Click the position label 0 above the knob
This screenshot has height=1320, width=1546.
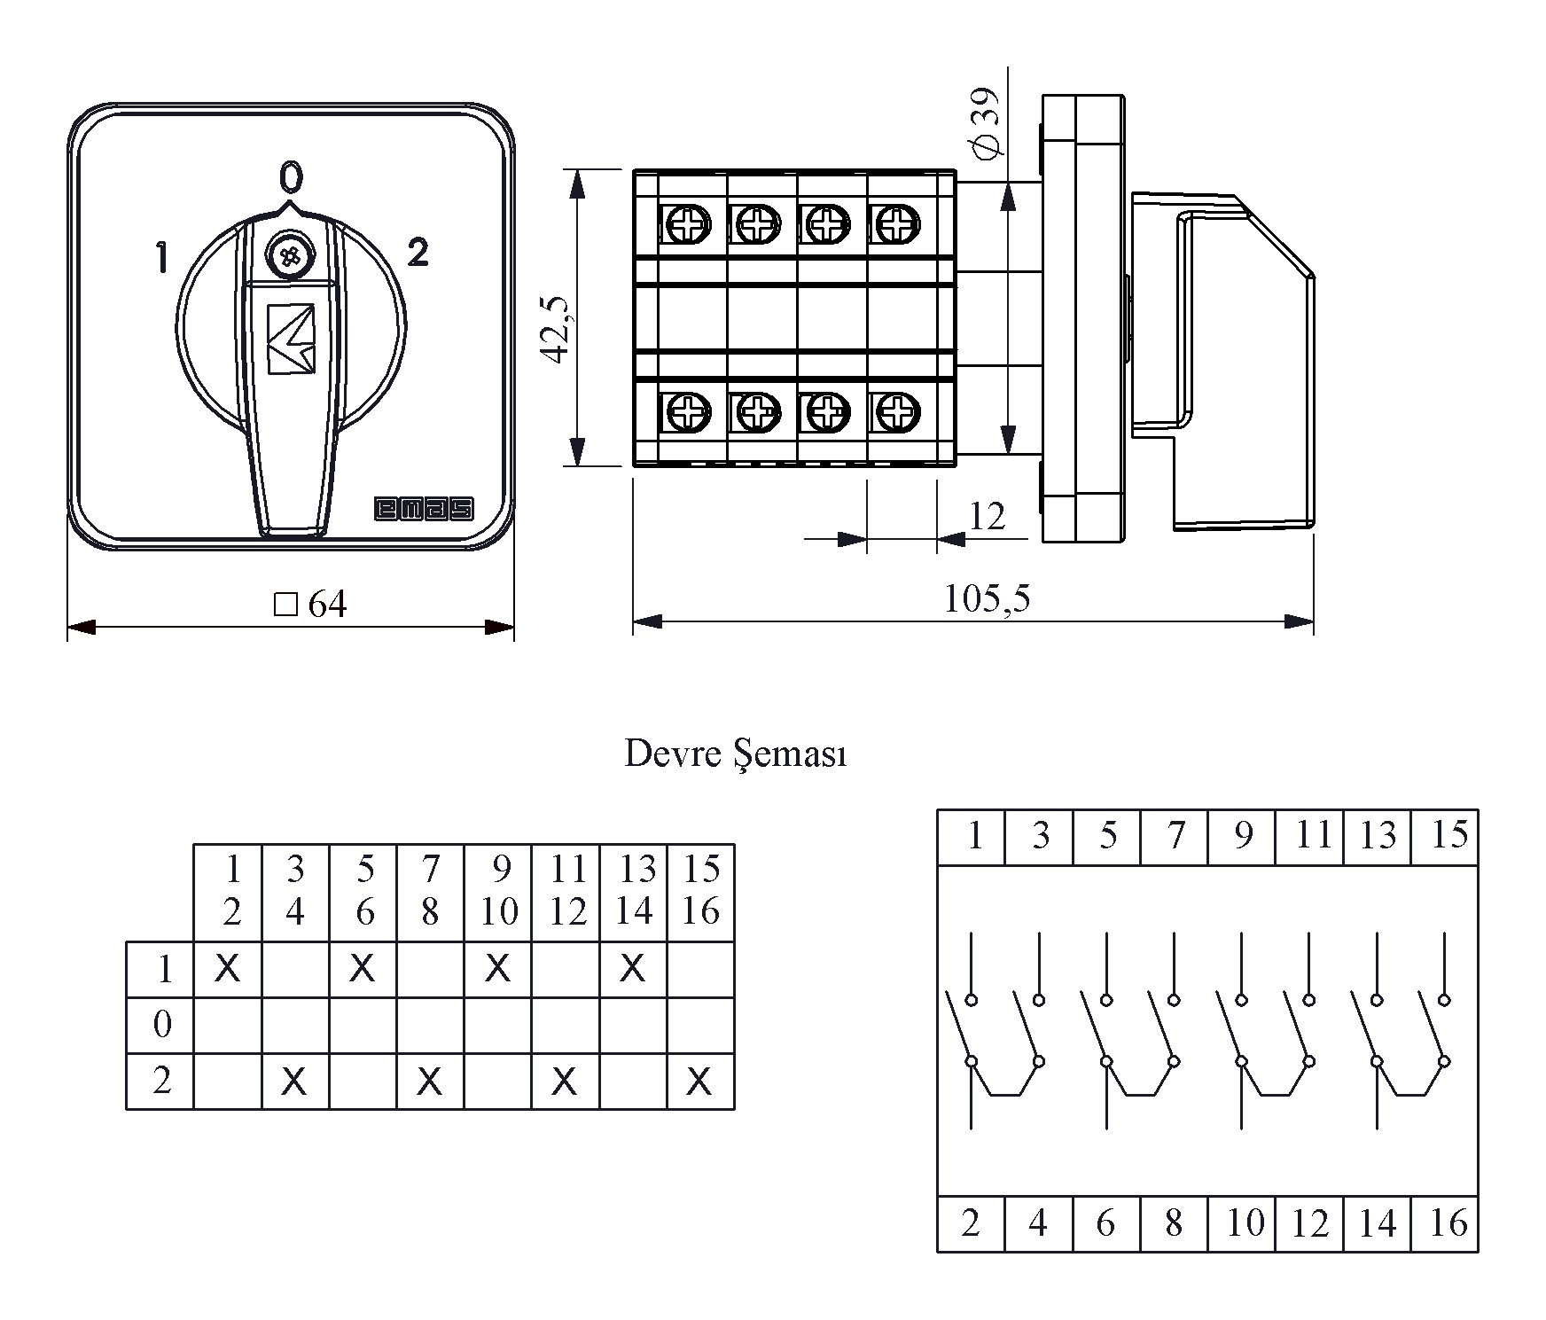click(291, 178)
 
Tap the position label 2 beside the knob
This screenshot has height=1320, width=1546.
click(418, 253)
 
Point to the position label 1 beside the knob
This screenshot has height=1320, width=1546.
click(161, 258)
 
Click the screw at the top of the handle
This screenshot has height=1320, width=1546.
click(288, 256)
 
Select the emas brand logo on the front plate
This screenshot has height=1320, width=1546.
click(424, 509)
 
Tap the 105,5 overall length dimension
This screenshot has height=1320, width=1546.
click(986, 599)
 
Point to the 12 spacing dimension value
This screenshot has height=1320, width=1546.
click(987, 516)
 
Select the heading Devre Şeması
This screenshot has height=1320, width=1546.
click(736, 754)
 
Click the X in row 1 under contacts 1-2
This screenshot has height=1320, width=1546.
click(228, 968)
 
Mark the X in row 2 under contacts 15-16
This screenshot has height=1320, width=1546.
click(699, 1081)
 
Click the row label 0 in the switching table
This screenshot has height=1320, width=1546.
click(162, 1025)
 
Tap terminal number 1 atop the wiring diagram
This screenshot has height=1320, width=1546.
click(974, 836)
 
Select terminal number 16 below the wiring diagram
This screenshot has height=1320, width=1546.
click(1448, 1223)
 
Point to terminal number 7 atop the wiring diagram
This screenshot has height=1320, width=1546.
click(1175, 836)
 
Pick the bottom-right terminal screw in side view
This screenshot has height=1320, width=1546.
click(896, 410)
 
